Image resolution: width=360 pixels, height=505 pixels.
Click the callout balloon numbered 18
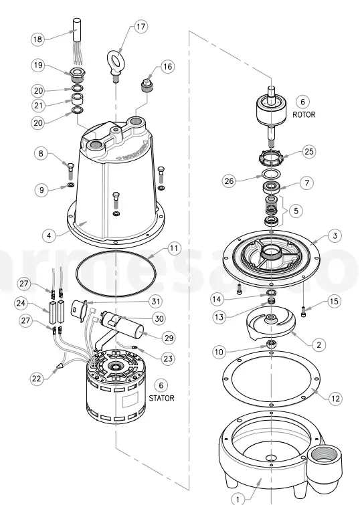[37, 40]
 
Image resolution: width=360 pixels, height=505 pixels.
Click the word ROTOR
[303, 114]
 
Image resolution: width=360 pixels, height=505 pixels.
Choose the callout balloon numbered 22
[38, 378]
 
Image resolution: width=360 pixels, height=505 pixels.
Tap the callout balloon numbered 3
[335, 235]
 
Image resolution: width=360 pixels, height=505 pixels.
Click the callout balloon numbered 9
[43, 191]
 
